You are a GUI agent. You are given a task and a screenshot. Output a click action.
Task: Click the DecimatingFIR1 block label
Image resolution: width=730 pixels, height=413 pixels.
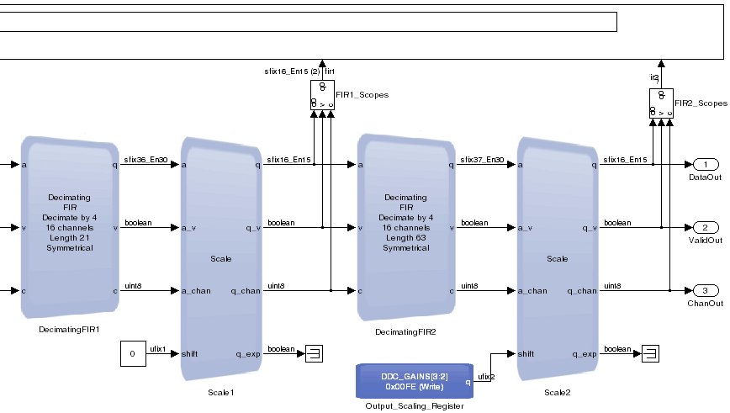[x=69, y=329]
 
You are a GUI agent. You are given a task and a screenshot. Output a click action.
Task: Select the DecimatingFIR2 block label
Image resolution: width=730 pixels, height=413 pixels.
[x=405, y=332]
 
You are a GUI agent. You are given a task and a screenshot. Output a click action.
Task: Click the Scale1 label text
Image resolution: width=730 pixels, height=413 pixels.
[x=220, y=392]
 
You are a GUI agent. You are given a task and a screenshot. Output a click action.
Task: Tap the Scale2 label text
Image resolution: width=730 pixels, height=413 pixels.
[x=557, y=392]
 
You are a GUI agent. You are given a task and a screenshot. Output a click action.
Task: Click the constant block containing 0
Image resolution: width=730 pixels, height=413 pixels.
[x=132, y=354]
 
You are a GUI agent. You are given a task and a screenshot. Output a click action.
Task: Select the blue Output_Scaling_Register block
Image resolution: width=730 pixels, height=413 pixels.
[x=412, y=381]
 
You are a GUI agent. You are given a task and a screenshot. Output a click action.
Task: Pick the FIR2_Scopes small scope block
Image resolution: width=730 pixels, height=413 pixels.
[x=661, y=103]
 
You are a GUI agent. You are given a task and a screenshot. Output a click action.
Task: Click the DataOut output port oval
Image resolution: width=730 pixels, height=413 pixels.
[x=705, y=164]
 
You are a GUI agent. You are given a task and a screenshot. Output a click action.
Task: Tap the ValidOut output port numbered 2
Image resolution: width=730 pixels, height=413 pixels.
[x=705, y=227]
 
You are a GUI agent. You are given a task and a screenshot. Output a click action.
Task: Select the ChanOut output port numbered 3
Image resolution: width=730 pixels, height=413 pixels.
[x=705, y=290]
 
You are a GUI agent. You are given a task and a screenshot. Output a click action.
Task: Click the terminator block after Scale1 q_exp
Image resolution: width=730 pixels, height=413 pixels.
[x=314, y=353]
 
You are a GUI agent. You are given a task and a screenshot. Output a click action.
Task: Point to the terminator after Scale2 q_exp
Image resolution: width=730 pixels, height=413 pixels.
[x=649, y=353]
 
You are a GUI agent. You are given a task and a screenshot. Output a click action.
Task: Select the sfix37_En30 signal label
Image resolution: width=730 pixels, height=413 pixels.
[x=482, y=159]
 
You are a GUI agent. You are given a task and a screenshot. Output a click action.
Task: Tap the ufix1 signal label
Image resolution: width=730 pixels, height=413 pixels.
[x=157, y=348]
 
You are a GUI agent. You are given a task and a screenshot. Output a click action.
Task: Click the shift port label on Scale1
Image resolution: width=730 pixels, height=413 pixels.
[x=190, y=354]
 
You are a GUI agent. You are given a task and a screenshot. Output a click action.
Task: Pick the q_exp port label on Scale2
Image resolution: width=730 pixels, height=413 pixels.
[x=585, y=354]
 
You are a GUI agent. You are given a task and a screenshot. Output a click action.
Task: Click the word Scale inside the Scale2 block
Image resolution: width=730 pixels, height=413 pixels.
[x=557, y=258]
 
